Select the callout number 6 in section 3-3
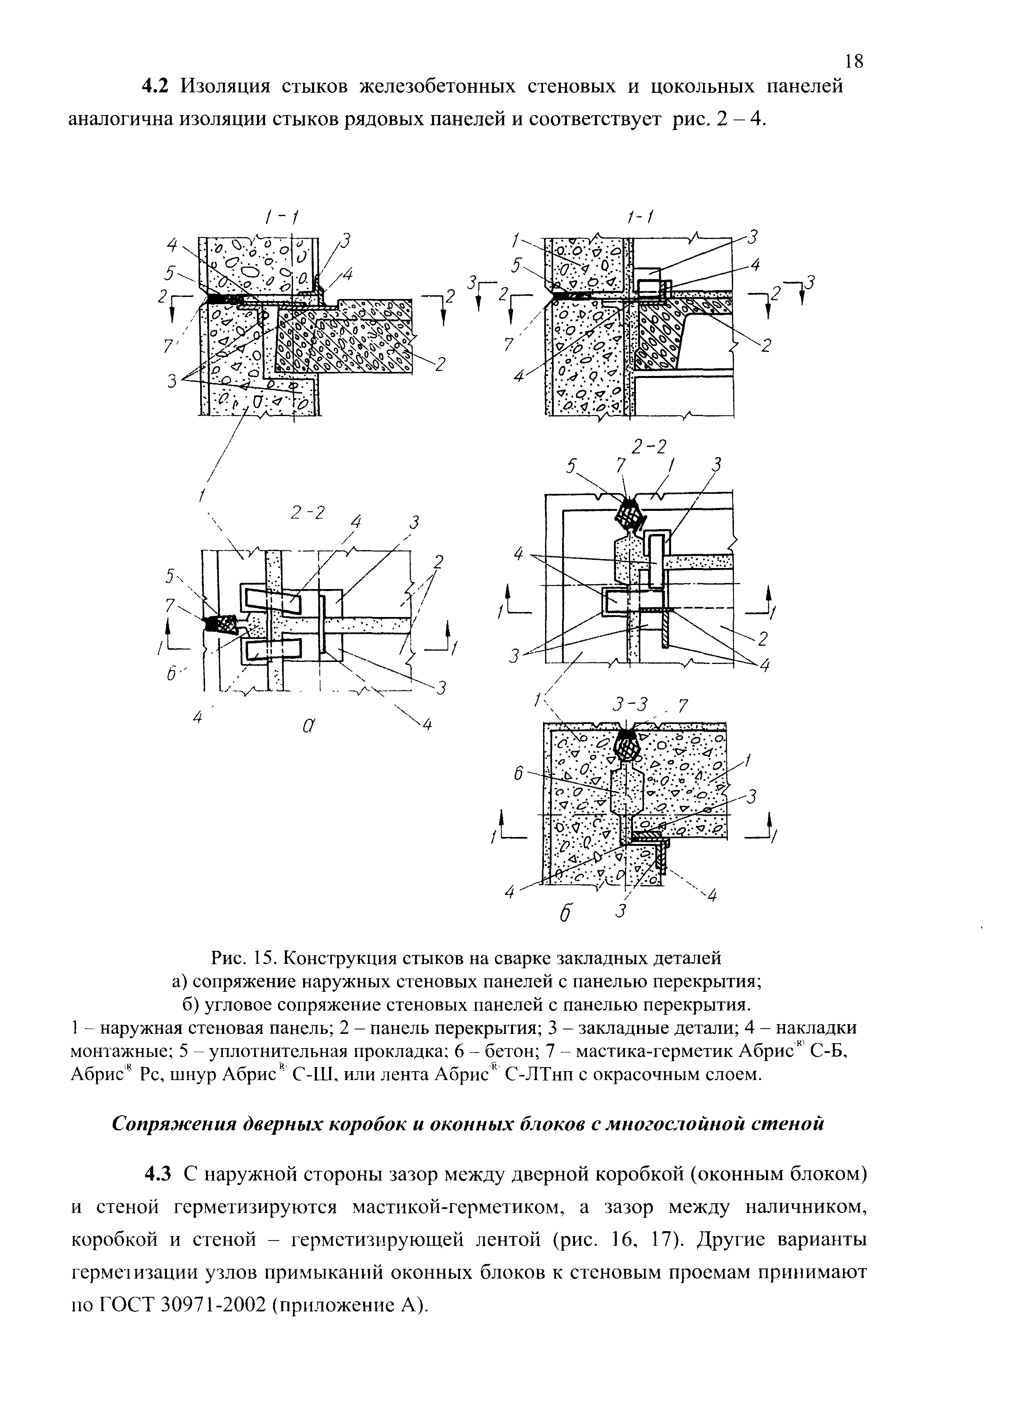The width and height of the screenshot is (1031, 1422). [x=518, y=775]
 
